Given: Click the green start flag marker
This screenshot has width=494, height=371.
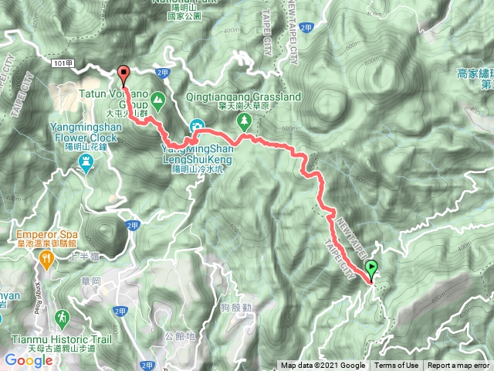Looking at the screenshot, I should [x=372, y=270].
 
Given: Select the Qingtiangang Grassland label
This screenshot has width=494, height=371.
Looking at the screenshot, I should [x=244, y=98].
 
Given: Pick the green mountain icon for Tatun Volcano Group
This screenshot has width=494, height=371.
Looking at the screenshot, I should [x=157, y=99].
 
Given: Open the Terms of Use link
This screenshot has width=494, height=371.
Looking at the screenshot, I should [x=397, y=366].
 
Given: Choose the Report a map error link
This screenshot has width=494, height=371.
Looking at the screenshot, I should [x=459, y=366].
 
